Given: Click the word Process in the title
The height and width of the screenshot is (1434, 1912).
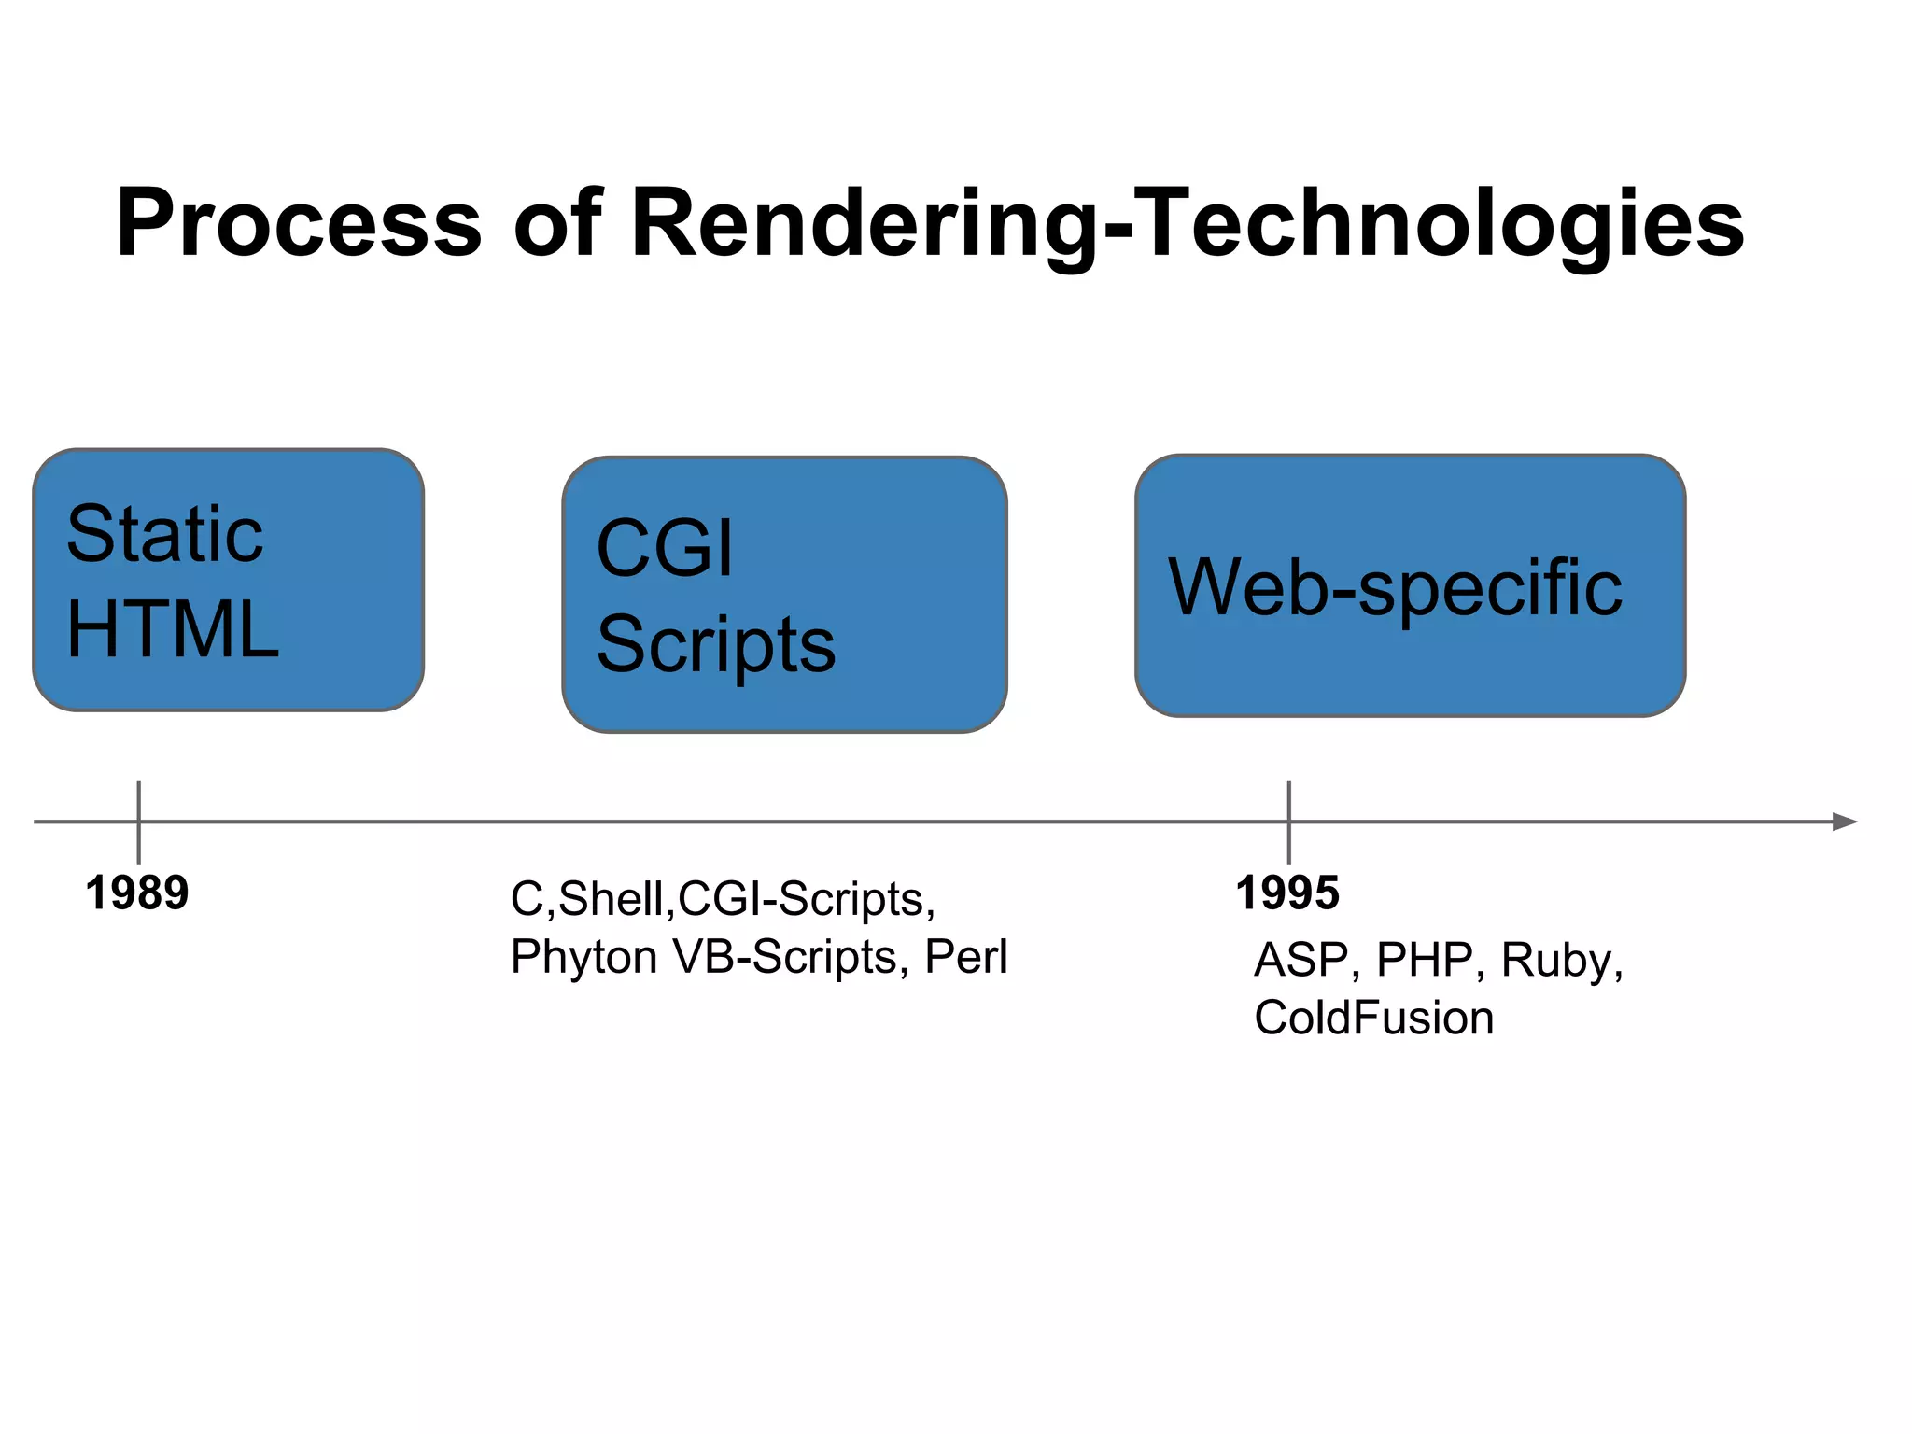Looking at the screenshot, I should click(299, 224).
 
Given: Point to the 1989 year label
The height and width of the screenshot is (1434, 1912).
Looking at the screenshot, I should click(137, 893).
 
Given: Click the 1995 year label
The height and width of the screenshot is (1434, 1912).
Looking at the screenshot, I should click(1287, 893).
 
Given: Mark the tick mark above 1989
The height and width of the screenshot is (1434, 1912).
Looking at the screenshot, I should click(138, 801).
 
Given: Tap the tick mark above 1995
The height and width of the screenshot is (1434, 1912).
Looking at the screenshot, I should click(1288, 801).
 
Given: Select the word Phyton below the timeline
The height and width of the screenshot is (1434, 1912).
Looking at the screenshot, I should click(584, 958).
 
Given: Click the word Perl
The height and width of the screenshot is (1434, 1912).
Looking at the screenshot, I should click(966, 957).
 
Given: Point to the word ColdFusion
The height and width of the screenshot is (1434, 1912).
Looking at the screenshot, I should click(1373, 1018).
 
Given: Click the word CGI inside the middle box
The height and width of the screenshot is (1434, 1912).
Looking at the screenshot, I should click(665, 549).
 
